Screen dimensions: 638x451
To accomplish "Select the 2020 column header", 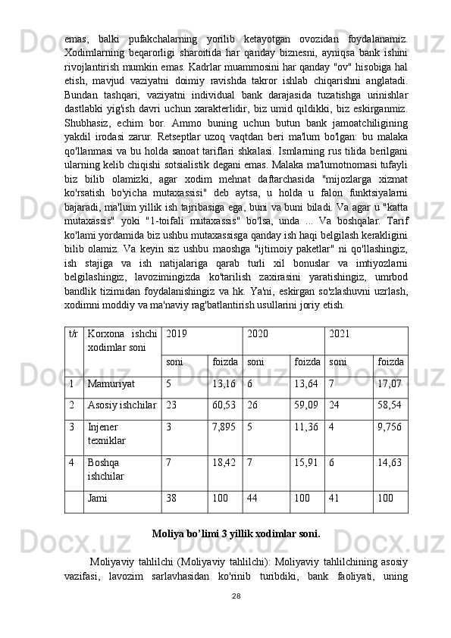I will tap(258, 333).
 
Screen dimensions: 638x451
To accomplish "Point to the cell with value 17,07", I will tap(390, 384).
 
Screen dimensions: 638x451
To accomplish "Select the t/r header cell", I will tap(74, 333).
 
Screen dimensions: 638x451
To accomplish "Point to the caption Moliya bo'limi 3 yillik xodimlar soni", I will tap(236, 533).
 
